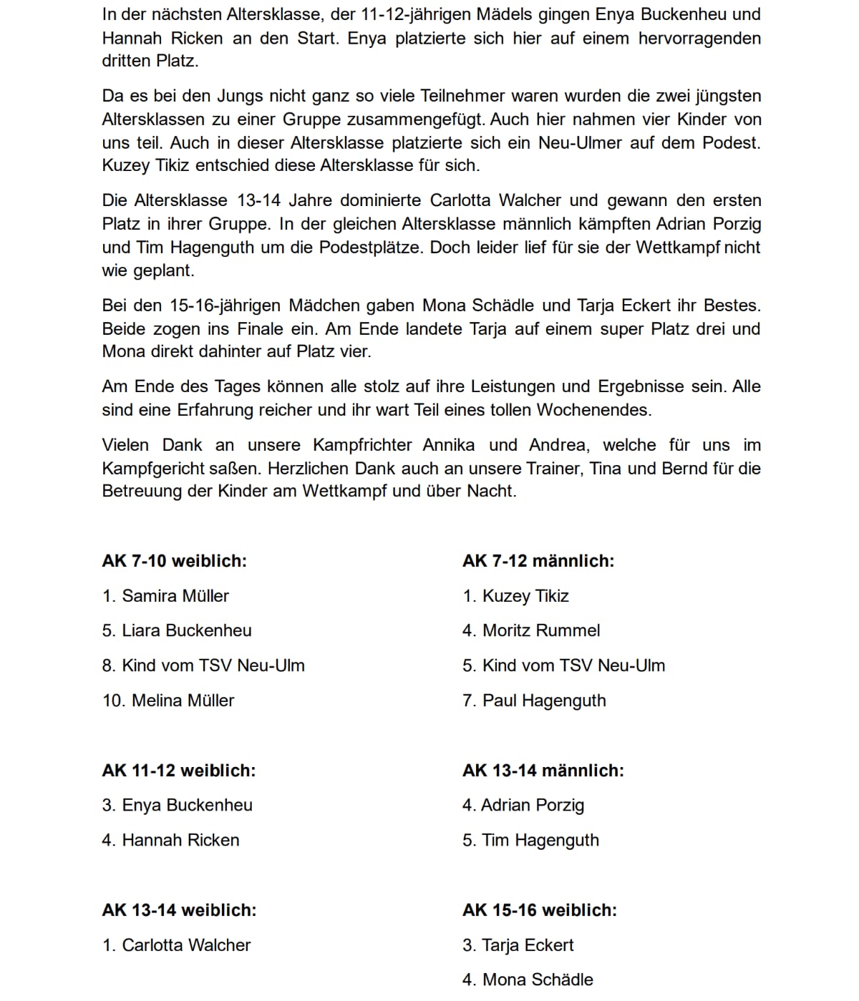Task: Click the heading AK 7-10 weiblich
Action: tap(174, 561)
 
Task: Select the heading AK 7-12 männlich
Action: tap(538, 561)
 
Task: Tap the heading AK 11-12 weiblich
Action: tap(178, 771)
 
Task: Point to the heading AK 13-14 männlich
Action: tap(543, 771)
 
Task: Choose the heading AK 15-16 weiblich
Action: tap(540, 910)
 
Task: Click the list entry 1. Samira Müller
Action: tap(165, 596)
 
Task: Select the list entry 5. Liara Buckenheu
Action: tap(177, 630)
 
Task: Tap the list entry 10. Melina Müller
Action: tap(168, 700)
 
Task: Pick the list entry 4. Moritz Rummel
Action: tap(531, 630)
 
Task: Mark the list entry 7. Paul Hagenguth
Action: tap(534, 700)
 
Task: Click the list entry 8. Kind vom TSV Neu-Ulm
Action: tap(203, 665)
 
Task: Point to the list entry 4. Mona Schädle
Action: tap(528, 980)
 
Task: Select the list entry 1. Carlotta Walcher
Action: tap(176, 945)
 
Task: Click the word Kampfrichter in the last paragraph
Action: tap(362, 445)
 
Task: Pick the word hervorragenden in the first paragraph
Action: tap(699, 38)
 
